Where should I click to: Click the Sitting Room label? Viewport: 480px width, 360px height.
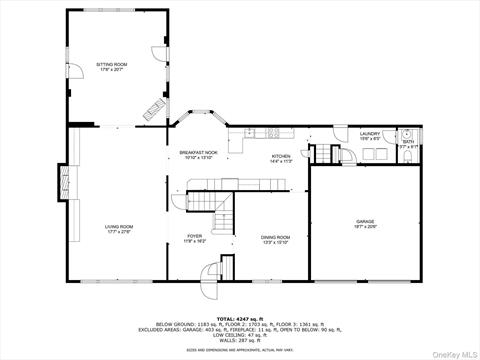(113, 65)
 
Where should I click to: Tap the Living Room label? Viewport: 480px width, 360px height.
(119, 229)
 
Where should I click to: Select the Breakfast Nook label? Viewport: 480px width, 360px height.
(197, 155)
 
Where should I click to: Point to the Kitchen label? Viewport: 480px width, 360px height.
(282, 158)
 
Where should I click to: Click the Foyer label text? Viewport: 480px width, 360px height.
(194, 240)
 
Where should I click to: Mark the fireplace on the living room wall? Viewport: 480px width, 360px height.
(64, 182)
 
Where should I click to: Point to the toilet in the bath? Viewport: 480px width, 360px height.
(412, 134)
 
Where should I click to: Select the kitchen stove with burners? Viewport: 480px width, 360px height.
(272, 133)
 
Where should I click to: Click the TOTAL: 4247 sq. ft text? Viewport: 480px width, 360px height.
(239, 315)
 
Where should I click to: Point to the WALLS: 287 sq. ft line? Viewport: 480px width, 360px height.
(239, 340)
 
